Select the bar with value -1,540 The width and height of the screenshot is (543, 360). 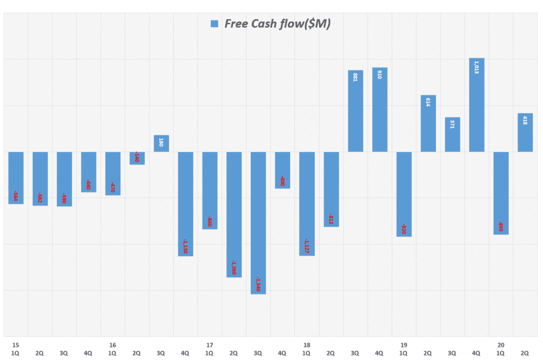pos(258,223)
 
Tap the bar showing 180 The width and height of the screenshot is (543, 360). pos(161,144)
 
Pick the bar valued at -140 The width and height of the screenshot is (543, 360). pos(137,158)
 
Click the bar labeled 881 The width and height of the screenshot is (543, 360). pos(355,111)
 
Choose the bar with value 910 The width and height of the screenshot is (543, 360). pos(380,110)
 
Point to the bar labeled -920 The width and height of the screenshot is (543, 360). pos(404,194)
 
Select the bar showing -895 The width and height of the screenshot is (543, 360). pos(501,193)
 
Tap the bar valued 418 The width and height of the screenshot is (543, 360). pos(525,133)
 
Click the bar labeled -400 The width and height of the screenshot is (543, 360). pos(283,170)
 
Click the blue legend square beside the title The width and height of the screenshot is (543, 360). pos(214,24)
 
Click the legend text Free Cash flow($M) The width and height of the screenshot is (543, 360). pos(277,24)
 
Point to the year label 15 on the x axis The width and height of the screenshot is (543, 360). pos(15,345)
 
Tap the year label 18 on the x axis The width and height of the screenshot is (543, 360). pos(306,345)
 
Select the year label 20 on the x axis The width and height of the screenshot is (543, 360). pos(501,345)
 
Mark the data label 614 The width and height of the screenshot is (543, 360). pos(428,103)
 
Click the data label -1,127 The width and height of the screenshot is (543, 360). pos(306,246)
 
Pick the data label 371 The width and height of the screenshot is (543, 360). pos(452,125)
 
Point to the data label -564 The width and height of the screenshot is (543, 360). pos(15,196)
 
